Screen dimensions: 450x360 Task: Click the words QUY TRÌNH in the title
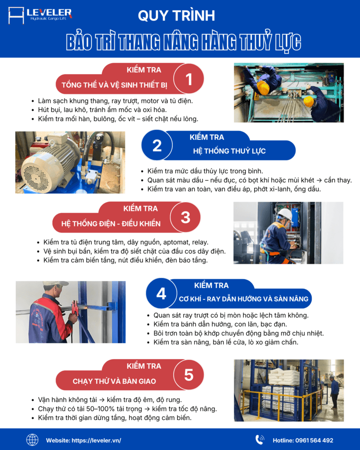[x=176, y=16]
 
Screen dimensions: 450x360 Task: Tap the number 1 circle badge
[x=189, y=79]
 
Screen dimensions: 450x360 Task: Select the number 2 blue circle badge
[x=157, y=145]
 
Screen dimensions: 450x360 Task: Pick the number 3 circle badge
[x=185, y=217]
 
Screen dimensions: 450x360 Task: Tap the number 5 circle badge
[x=189, y=374]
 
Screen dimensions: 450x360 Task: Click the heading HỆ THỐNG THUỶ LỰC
[x=229, y=151]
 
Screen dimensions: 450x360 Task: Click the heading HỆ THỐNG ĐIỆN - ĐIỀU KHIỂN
[x=111, y=224]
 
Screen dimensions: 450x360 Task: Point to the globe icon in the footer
[x=33, y=440]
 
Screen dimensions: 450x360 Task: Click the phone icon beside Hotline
[x=260, y=440]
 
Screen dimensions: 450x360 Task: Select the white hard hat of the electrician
[x=285, y=214]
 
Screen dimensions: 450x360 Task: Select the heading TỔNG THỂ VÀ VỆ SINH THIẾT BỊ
[x=115, y=85]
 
